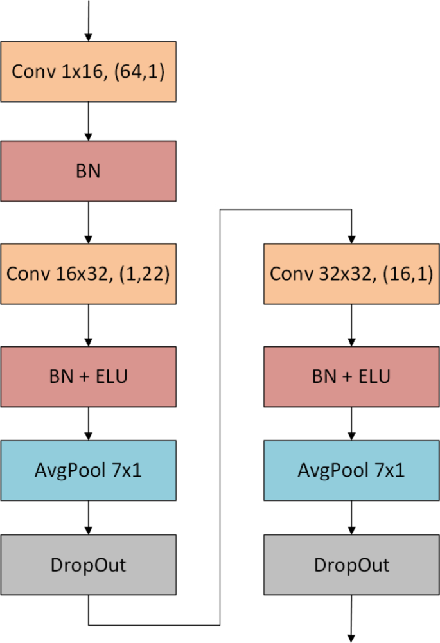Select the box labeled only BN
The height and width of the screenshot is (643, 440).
click(x=88, y=171)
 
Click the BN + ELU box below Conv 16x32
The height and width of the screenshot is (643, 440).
click(x=88, y=376)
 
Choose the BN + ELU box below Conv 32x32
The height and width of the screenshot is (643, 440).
click(x=351, y=376)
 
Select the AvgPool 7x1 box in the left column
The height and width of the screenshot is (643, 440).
click(x=88, y=470)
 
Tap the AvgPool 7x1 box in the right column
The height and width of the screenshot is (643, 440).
click(x=351, y=470)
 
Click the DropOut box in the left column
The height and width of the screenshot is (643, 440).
click(x=88, y=565)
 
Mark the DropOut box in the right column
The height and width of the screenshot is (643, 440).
click(x=351, y=565)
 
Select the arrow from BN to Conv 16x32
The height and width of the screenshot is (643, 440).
click(x=88, y=222)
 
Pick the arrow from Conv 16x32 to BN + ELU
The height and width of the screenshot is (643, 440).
click(x=88, y=325)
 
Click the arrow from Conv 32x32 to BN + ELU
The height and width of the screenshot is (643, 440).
click(x=351, y=325)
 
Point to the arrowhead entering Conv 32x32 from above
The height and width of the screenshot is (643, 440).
click(x=351, y=238)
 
